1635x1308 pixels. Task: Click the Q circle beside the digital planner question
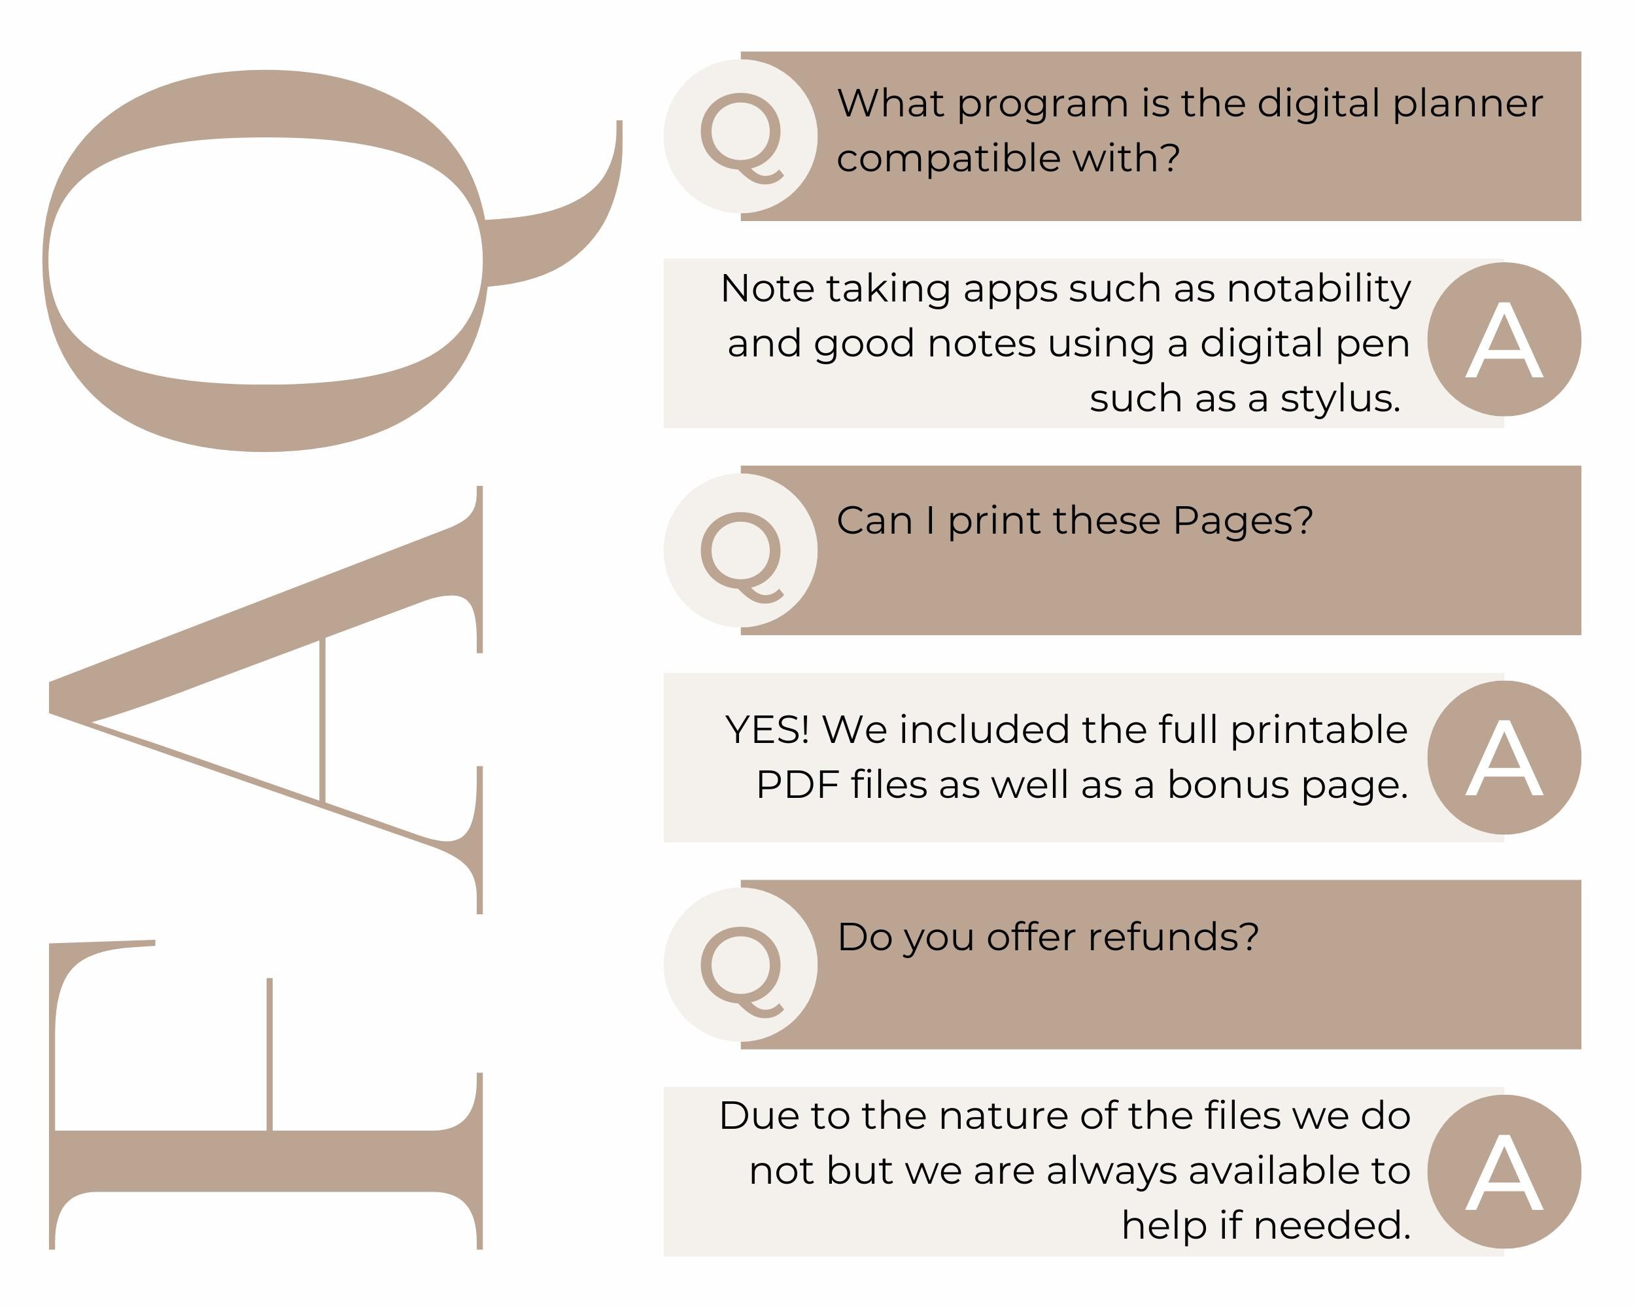coord(740,137)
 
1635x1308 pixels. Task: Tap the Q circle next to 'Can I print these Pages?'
coord(740,551)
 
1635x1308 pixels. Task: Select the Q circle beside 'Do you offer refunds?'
coord(740,965)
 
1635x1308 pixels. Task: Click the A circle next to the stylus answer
coord(1504,339)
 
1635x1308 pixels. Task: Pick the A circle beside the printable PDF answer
coord(1504,757)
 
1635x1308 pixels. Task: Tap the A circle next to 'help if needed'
coord(1504,1171)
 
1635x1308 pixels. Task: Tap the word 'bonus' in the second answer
coord(1228,785)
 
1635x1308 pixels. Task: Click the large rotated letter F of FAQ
coord(266,1095)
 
